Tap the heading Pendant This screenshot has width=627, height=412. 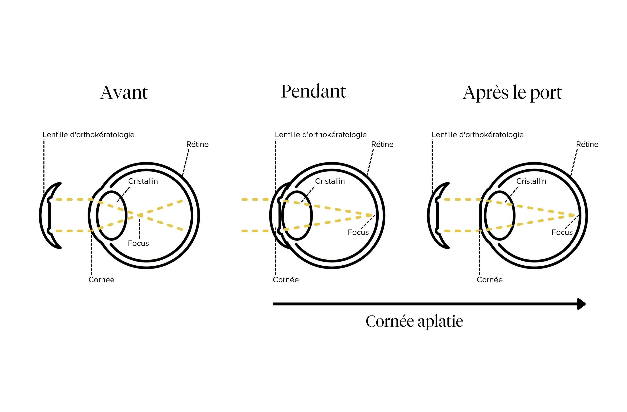point(313,91)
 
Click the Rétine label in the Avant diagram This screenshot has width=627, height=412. point(197,144)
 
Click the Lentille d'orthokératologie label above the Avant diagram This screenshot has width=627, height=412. point(89,135)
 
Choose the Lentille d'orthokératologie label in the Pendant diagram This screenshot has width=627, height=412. point(321,135)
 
